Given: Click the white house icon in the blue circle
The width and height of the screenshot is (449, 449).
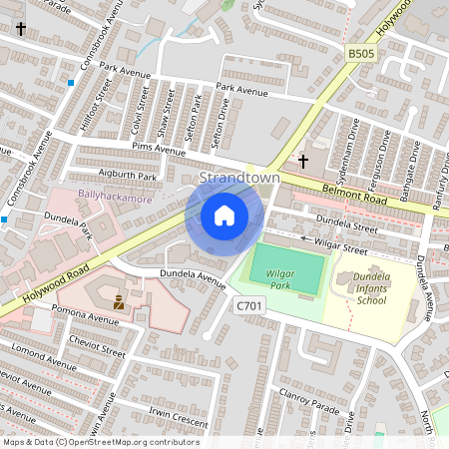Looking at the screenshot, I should (x=224, y=216).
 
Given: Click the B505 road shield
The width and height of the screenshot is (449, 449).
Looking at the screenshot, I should (x=360, y=52).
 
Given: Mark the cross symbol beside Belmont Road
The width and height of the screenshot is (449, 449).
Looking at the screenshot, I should (x=303, y=160).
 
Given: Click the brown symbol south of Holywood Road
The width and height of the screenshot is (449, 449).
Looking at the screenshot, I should (x=119, y=299).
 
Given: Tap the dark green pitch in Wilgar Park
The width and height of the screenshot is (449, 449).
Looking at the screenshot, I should (x=286, y=266).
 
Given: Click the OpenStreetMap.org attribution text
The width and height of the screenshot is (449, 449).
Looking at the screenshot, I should (x=144, y=442).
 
